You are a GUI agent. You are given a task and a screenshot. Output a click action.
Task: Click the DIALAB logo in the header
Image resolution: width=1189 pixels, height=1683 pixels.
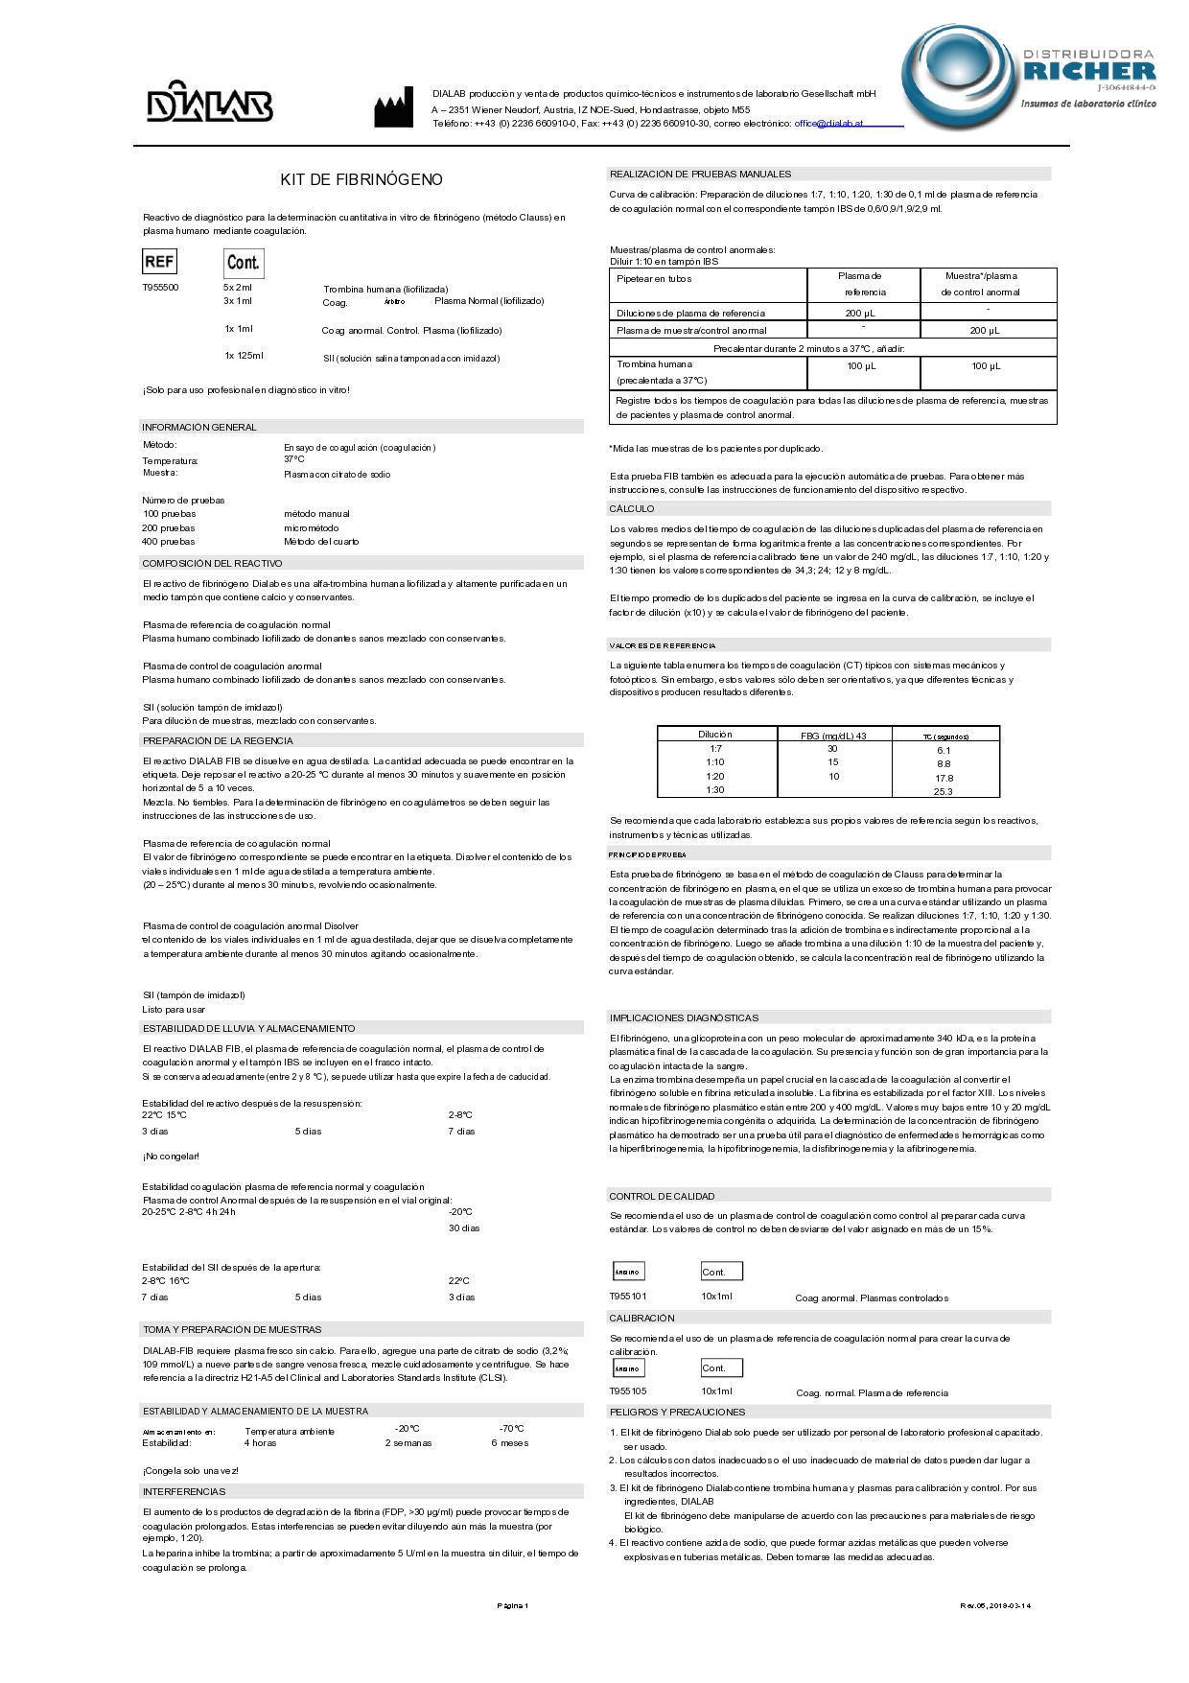(x=209, y=102)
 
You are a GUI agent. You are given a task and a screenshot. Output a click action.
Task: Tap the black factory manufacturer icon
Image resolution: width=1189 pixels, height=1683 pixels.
(x=393, y=106)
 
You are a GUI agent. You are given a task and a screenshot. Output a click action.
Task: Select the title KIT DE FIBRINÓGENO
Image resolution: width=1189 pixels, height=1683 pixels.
(x=361, y=179)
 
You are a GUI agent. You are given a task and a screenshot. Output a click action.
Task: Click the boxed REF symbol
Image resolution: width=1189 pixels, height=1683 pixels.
(x=159, y=262)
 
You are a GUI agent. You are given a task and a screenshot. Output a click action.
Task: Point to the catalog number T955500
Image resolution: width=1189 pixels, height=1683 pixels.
(x=160, y=288)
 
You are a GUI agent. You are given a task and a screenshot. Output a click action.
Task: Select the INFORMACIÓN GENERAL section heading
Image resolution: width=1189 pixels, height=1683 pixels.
(x=199, y=427)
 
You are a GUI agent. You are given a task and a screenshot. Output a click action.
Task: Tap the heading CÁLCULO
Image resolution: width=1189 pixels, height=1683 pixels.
(x=632, y=508)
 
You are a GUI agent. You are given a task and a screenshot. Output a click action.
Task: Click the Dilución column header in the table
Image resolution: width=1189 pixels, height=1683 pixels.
(x=715, y=735)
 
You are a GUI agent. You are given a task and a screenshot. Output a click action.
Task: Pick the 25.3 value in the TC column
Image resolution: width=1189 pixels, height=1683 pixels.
(x=944, y=791)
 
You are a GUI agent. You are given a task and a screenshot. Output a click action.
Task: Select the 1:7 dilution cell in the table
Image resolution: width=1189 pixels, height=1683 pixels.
(x=715, y=749)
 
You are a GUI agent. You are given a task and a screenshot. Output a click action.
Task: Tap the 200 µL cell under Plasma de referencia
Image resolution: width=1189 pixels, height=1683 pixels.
(x=860, y=314)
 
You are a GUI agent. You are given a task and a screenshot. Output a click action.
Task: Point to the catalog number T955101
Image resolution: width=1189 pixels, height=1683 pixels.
(x=628, y=1297)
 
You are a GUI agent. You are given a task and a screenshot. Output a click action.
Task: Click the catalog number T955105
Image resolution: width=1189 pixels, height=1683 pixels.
(x=628, y=1391)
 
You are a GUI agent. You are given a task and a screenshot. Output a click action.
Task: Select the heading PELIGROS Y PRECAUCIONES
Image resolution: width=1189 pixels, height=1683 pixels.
(x=677, y=1412)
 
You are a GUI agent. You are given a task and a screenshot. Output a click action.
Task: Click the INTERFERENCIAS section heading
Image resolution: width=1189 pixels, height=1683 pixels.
(x=184, y=1491)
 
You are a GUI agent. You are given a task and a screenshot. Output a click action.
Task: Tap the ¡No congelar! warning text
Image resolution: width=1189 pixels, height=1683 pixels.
(x=171, y=1157)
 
